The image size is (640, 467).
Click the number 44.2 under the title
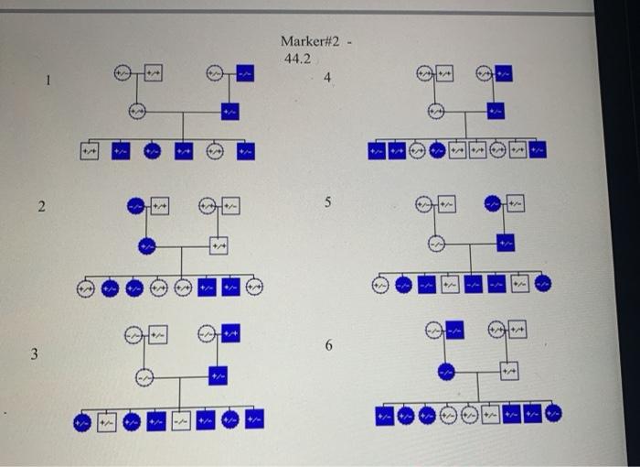tap(297, 59)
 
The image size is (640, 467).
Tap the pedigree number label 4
tap(326, 79)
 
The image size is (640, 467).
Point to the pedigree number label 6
tap(328, 345)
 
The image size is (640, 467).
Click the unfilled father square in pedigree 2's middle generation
tap(217, 246)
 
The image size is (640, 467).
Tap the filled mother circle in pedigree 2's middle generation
tap(144, 245)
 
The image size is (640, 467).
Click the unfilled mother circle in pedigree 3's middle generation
tap(144, 375)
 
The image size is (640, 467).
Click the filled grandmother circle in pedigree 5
tap(495, 204)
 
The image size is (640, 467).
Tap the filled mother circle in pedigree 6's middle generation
tap(445, 371)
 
